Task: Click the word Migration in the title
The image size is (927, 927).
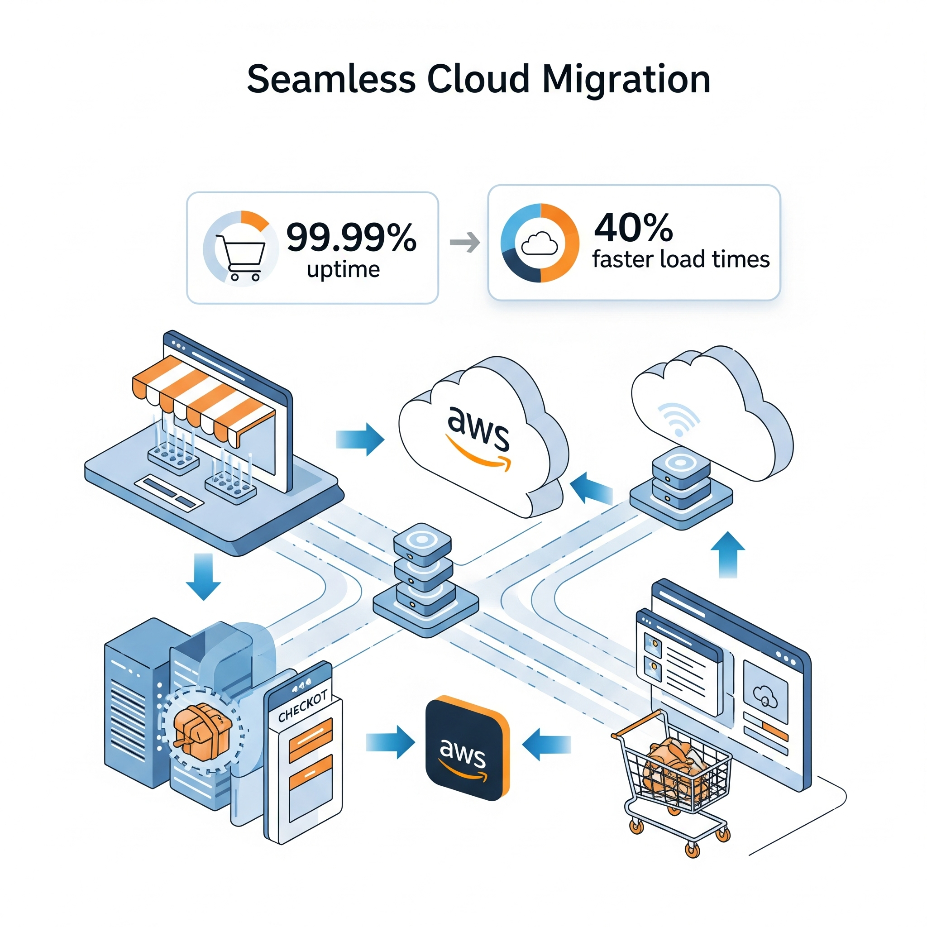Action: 626,80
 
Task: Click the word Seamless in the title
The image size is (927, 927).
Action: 331,79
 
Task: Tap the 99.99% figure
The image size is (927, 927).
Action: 351,237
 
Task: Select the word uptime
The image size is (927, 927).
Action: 343,270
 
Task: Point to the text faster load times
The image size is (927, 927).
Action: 680,259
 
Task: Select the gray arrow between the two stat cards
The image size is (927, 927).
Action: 464,242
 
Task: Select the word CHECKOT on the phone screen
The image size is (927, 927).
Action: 303,706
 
